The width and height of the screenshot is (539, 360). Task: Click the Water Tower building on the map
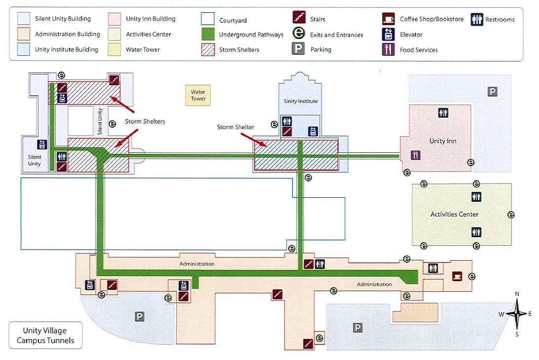point(198,95)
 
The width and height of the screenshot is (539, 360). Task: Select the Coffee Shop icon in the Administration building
point(457,276)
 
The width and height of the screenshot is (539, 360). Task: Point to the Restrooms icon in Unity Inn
point(443,113)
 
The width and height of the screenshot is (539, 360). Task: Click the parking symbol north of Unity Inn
point(492,91)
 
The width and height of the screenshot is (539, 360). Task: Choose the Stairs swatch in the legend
point(298,19)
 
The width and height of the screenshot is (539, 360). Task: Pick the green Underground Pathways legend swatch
point(208,35)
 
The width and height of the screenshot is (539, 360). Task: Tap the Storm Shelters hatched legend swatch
point(208,49)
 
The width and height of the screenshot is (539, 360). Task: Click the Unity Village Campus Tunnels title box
point(45,335)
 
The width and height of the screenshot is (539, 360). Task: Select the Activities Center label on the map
point(454,215)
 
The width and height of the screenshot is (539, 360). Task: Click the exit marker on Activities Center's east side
point(511,215)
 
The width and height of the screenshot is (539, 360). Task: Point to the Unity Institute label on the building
point(301,101)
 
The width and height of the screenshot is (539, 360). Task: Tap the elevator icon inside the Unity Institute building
point(313,131)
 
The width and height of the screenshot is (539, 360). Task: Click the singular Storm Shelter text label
point(236,127)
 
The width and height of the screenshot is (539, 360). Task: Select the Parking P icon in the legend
point(298,49)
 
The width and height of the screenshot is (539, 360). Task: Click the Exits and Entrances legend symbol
point(298,35)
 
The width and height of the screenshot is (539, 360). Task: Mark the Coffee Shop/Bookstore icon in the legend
point(388,19)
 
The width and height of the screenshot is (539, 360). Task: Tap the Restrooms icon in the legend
point(476,19)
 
